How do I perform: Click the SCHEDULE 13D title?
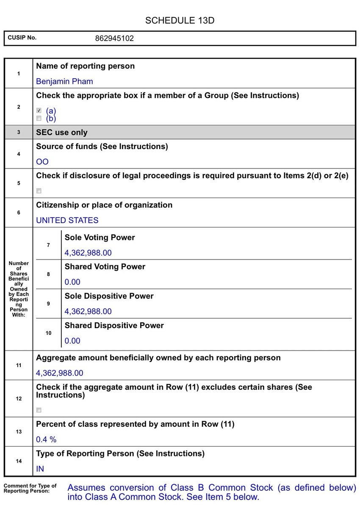[180, 20]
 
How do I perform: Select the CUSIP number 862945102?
[114, 39]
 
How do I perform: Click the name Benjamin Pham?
[64, 81]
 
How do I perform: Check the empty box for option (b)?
[39, 119]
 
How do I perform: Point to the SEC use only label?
[62, 133]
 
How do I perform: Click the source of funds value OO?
[42, 162]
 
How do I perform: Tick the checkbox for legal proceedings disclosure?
[39, 191]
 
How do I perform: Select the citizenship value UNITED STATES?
[67, 220]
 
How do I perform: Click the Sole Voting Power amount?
[88, 253]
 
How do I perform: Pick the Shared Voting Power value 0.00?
[72, 282]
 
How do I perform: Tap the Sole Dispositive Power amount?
[88, 311]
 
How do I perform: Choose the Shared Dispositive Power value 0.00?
[72, 341]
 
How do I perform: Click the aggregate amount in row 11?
[60, 373]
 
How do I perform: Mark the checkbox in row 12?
[39, 410]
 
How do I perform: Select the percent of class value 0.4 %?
[46, 439]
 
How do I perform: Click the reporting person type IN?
[40, 469]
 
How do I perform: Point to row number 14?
[19, 461]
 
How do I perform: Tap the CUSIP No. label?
[22, 38]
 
